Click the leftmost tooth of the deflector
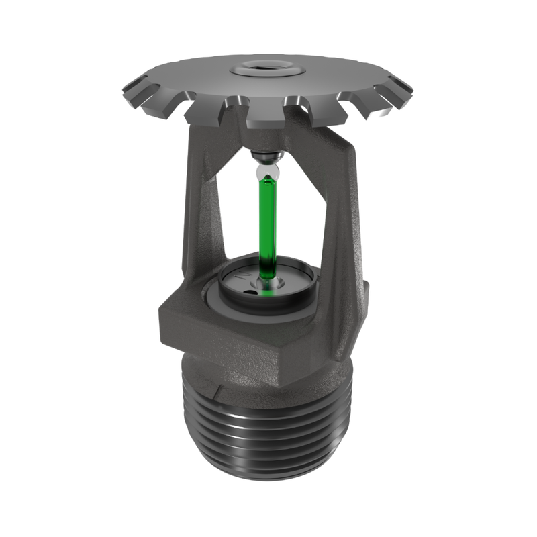132,89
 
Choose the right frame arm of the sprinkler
339,215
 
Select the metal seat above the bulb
268,158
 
